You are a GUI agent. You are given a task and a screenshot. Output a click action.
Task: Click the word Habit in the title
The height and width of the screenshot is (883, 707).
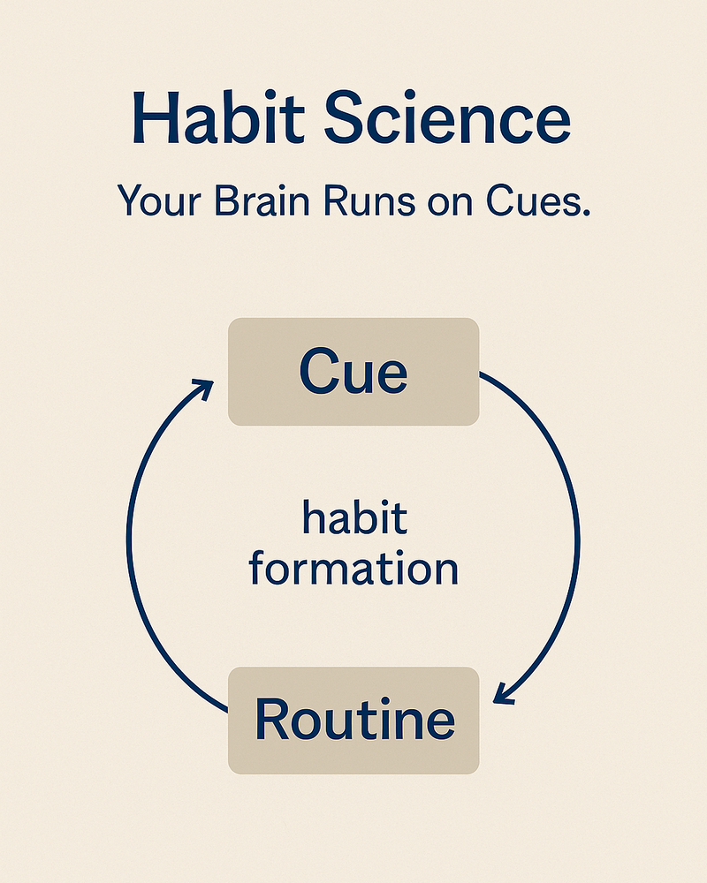click(x=219, y=117)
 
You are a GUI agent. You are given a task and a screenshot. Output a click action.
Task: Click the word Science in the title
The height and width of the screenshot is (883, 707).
click(x=447, y=117)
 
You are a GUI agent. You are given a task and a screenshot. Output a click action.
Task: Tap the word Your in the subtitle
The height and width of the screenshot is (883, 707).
click(x=159, y=200)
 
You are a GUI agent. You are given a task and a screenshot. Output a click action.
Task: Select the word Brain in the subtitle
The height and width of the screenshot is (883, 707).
click(x=262, y=200)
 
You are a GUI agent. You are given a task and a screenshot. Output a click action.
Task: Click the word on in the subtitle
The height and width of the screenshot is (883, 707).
click(x=449, y=204)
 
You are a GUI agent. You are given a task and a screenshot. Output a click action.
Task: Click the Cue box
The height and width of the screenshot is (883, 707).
click(x=353, y=372)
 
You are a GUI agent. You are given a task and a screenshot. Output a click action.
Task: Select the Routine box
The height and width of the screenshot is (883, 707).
click(x=353, y=721)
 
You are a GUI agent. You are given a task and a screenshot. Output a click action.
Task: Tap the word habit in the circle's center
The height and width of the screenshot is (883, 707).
click(x=354, y=517)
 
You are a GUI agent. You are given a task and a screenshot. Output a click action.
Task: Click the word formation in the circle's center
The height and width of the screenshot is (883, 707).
click(x=353, y=568)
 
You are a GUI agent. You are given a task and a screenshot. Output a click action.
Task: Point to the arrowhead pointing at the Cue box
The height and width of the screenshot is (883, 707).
click(x=203, y=389)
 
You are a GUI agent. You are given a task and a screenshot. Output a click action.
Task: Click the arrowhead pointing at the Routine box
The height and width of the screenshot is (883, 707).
click(x=504, y=694)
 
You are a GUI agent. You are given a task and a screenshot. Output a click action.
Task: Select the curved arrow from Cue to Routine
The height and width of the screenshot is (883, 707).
click(x=577, y=535)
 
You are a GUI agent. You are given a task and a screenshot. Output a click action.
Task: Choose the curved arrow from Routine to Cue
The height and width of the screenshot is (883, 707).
click(x=129, y=540)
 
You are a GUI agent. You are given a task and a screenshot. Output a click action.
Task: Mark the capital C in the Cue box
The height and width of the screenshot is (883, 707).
click(x=317, y=371)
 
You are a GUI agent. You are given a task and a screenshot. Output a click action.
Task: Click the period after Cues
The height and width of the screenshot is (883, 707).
click(x=585, y=213)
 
